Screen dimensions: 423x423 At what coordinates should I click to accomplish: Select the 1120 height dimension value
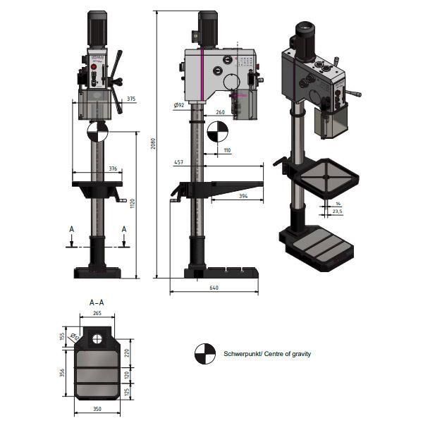click(x=132, y=203)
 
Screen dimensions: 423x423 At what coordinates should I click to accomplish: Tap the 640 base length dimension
click(x=214, y=288)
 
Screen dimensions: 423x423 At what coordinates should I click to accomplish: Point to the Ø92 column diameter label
click(x=178, y=105)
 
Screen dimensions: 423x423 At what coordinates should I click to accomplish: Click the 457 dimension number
click(x=178, y=163)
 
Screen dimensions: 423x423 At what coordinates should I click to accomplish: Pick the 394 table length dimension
click(x=242, y=196)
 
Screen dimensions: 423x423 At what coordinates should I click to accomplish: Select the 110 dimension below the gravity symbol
click(x=226, y=151)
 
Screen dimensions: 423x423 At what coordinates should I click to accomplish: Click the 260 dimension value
click(x=220, y=112)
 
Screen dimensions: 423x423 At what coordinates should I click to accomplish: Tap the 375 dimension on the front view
click(x=132, y=99)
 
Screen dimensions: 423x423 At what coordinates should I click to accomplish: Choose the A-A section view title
click(x=97, y=302)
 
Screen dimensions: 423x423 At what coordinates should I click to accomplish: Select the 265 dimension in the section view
click(x=97, y=314)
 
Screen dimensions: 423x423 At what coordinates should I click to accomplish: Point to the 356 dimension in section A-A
click(x=62, y=372)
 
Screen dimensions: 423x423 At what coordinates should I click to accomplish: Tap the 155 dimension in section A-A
click(x=62, y=337)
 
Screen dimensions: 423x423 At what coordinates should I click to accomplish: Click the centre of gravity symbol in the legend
click(x=204, y=354)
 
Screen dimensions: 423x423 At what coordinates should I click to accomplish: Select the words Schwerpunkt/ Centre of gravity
click(x=267, y=354)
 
